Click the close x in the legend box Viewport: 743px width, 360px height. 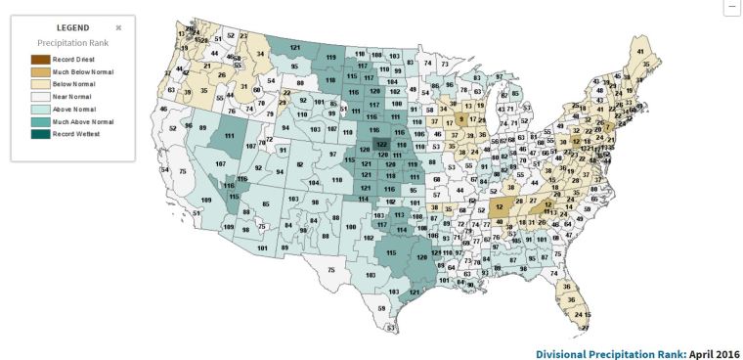point(118,28)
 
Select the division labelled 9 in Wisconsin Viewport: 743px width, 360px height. point(459,119)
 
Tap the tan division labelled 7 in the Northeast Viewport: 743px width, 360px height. point(607,128)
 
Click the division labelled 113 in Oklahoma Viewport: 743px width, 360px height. point(400,214)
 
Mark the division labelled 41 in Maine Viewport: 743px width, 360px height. point(641,50)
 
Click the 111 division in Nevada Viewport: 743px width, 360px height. point(231,136)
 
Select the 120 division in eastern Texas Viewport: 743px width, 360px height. point(421,256)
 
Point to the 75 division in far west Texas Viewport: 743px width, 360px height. point(332,269)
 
